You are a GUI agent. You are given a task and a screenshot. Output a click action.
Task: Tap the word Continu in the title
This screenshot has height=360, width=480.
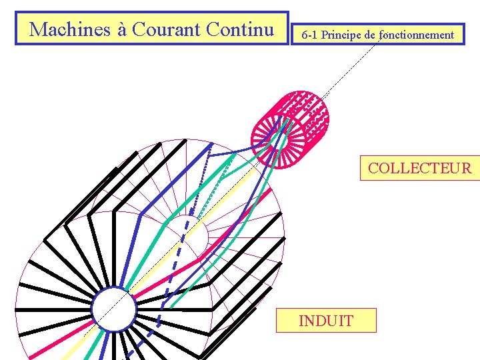tap(240, 29)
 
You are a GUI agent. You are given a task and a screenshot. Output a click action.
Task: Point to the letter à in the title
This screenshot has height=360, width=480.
tap(121, 30)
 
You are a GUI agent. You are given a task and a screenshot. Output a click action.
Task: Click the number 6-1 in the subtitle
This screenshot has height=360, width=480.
tap(309, 35)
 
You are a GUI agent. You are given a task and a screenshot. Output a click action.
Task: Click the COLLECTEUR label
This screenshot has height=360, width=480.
tap(419, 168)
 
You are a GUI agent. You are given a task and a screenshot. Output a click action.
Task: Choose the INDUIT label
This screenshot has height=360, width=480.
tap(326, 321)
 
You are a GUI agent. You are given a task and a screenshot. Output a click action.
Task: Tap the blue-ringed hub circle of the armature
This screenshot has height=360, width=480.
tap(114, 310)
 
